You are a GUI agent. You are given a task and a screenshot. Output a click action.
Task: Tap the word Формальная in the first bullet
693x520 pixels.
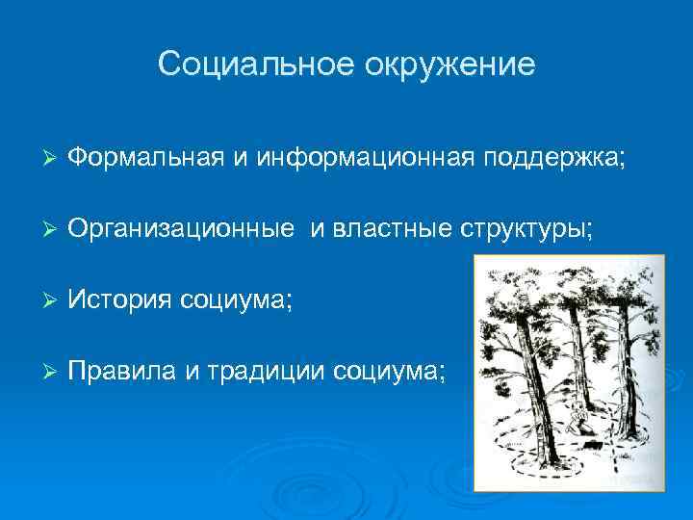point(147,158)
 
